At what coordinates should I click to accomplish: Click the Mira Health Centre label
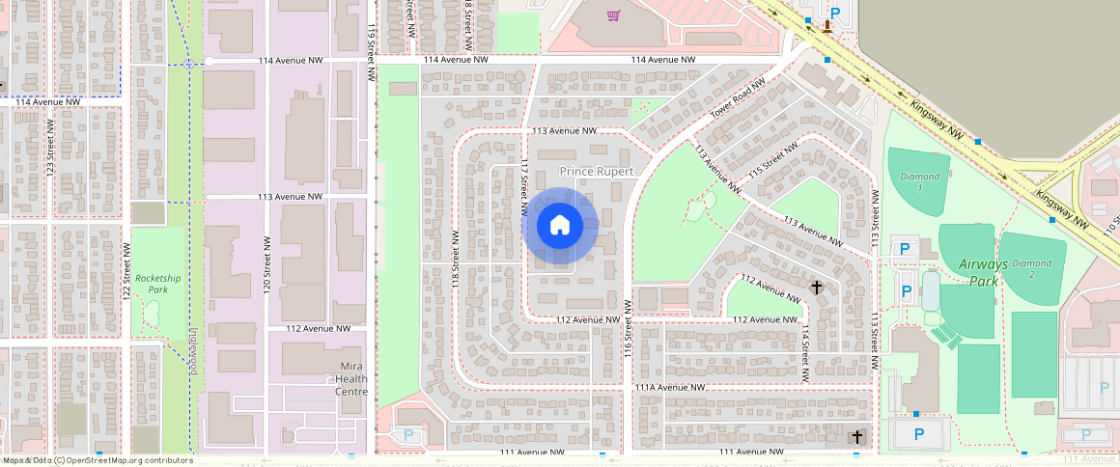click(351, 378)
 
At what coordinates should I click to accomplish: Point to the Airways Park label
click(983, 272)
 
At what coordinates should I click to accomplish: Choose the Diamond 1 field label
click(919, 181)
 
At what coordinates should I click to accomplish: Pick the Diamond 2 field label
click(1031, 268)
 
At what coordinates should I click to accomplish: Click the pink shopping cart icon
click(613, 14)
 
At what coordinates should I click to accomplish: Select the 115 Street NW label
click(774, 159)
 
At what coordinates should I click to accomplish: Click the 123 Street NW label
click(49, 147)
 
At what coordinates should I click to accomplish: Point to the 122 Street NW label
click(126, 269)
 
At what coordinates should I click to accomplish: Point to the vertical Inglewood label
click(192, 350)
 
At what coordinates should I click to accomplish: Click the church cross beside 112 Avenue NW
click(816, 288)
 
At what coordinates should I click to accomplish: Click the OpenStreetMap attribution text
click(98, 460)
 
